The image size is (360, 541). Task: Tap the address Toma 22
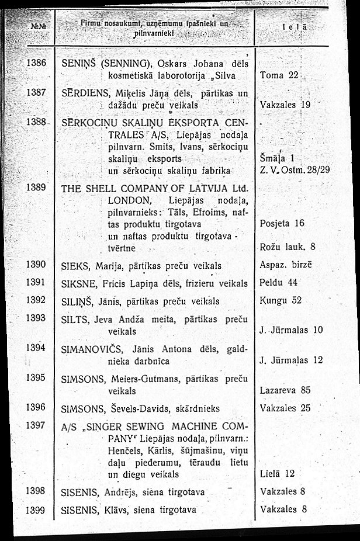[x=279, y=75]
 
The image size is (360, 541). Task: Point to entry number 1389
[x=36, y=188]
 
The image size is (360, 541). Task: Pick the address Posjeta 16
[x=282, y=224]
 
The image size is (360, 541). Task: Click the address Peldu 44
[x=279, y=282]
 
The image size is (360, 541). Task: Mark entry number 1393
[x=36, y=318]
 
